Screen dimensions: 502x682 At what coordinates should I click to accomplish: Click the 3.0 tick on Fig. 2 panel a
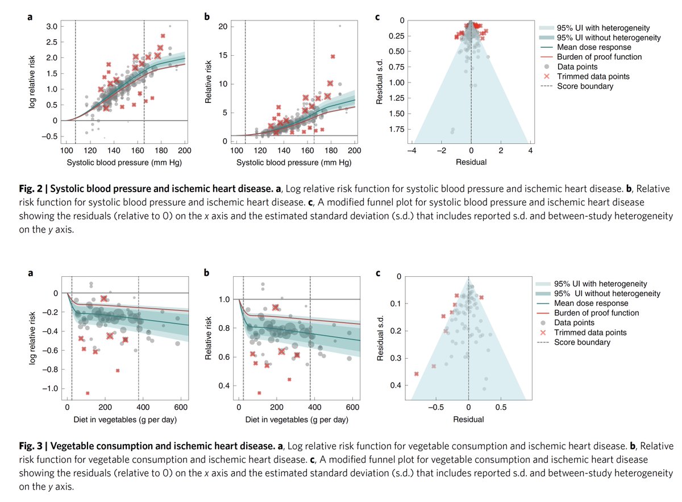(x=51, y=26)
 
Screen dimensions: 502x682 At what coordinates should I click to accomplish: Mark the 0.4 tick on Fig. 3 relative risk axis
(x=224, y=387)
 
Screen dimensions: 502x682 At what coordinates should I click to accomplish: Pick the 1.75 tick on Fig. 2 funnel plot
(x=393, y=129)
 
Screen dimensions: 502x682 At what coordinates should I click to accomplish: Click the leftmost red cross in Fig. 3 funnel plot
(x=417, y=374)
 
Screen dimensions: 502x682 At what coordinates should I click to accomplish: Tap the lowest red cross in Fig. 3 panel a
(x=88, y=393)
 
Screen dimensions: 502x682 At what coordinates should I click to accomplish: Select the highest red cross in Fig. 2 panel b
(x=333, y=56)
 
